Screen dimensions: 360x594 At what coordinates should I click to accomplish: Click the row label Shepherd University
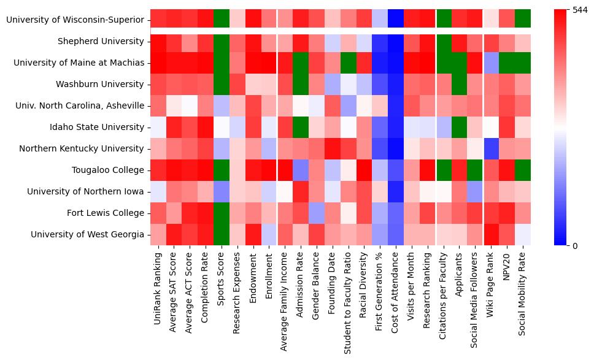pyautogui.click(x=109, y=42)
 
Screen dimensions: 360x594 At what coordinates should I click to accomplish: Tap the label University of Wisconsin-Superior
pyautogui.click(x=77, y=20)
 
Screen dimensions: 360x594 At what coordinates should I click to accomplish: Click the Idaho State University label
pyautogui.click(x=104, y=128)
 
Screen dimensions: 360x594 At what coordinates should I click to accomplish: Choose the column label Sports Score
pyautogui.click(x=221, y=281)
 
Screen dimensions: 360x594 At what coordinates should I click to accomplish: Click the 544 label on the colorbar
pyautogui.click(x=579, y=10)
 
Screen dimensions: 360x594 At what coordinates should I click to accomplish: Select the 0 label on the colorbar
pyautogui.click(x=574, y=246)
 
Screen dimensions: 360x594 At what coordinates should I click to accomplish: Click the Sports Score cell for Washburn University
pyautogui.click(x=221, y=85)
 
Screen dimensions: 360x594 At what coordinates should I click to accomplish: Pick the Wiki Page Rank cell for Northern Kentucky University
pyautogui.click(x=492, y=149)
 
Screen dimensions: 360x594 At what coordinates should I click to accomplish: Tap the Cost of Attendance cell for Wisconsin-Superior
pyautogui.click(x=396, y=20)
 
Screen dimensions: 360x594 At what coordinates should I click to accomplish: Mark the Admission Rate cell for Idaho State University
pyautogui.click(x=301, y=128)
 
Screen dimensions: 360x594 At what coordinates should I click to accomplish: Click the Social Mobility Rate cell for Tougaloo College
pyautogui.click(x=524, y=170)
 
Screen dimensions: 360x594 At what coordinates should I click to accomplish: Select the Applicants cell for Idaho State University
pyautogui.click(x=460, y=128)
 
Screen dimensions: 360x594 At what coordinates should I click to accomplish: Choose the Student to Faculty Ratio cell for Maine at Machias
pyautogui.click(x=349, y=63)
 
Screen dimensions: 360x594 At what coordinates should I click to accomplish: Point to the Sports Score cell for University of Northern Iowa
pyautogui.click(x=221, y=192)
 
